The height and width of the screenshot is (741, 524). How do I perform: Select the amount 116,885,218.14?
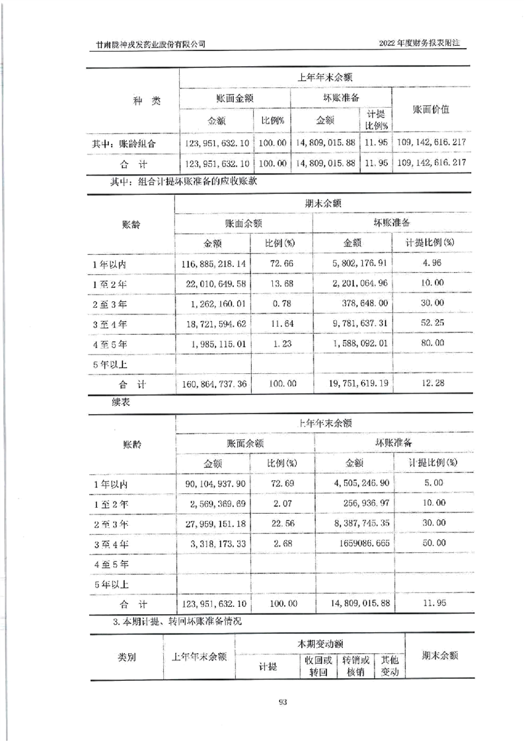click(213, 264)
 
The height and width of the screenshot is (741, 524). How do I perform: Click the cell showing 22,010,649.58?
click(213, 284)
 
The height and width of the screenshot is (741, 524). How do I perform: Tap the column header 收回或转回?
click(318, 666)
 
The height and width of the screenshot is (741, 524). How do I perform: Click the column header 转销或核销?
click(355, 666)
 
